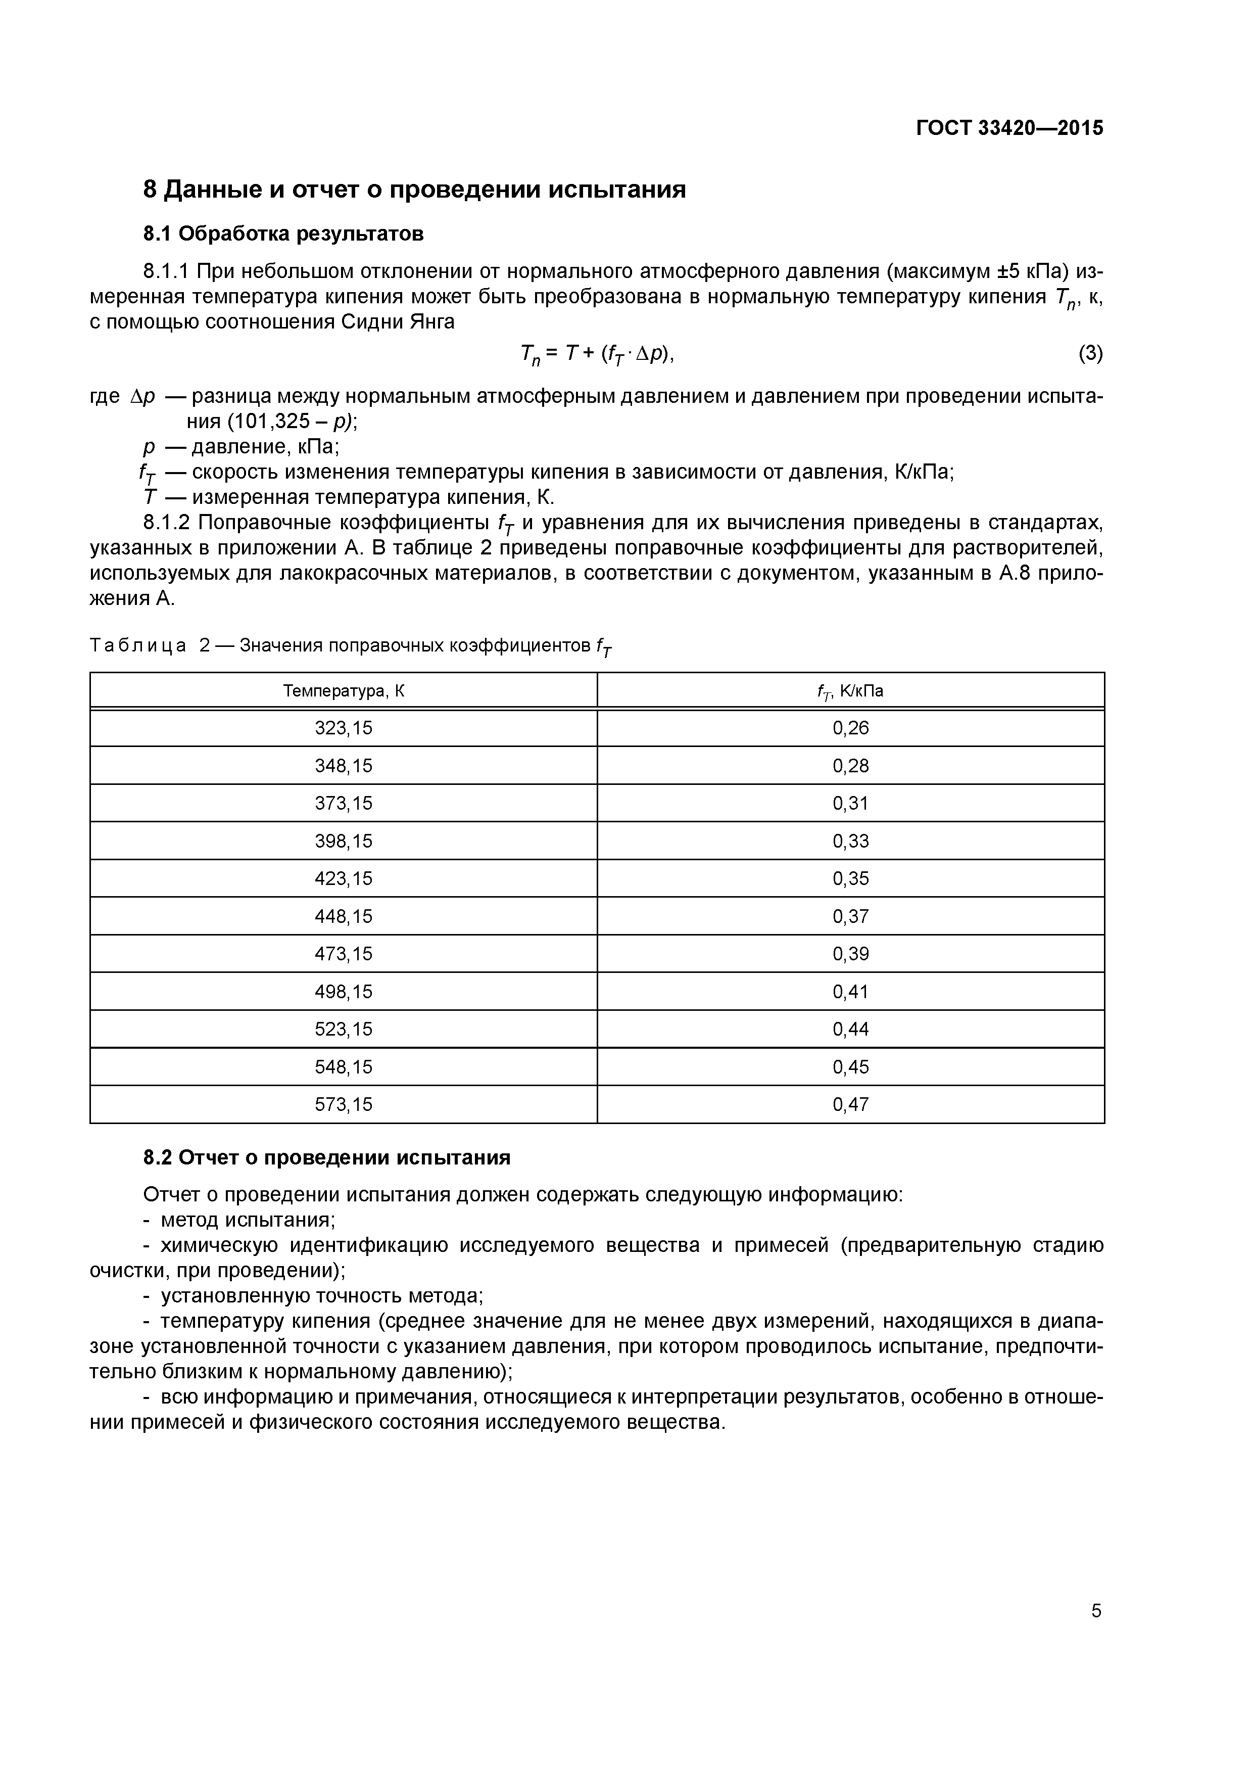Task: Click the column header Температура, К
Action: [344, 691]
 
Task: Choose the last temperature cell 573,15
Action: [344, 1105]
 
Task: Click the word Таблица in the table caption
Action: [138, 645]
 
